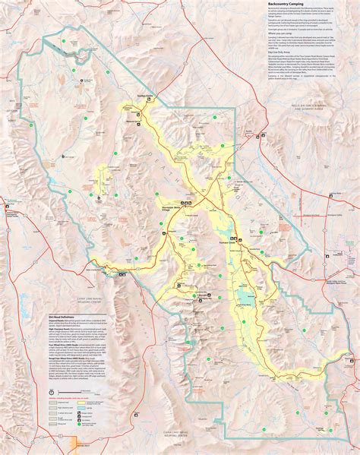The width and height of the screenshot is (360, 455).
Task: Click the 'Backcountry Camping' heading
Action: coord(288,4)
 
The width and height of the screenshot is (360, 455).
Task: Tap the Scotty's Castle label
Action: coord(145,96)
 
